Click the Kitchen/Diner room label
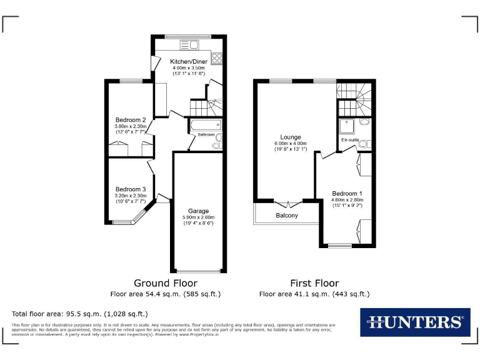point(189,61)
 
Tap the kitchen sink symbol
point(188,44)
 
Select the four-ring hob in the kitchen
point(217,58)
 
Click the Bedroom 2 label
point(131,120)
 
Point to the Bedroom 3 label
point(131,189)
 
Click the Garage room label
point(198,211)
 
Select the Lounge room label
point(291,137)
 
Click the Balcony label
point(287,216)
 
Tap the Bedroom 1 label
point(347,193)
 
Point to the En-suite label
point(349,140)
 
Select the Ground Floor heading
point(161,282)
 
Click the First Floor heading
point(314,282)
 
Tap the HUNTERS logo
point(415,322)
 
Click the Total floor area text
point(80,313)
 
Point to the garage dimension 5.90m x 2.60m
point(198,217)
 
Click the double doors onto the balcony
point(288,204)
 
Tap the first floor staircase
point(355,94)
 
